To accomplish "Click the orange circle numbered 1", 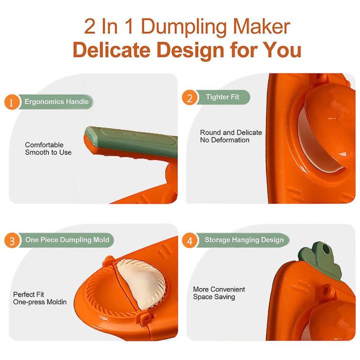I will [11, 102].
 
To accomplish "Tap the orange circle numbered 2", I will [190, 98].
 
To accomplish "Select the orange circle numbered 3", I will [11, 241].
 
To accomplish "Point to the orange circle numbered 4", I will [190, 241].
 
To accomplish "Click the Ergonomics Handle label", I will [56, 102].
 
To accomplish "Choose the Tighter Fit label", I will [222, 97].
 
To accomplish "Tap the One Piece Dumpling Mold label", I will [67, 240].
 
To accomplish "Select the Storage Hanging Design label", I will [243, 240].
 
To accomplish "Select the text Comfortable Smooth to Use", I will [48, 148].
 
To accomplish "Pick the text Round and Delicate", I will [231, 132].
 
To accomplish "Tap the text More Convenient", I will [219, 289].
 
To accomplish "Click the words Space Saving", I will [214, 297].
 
